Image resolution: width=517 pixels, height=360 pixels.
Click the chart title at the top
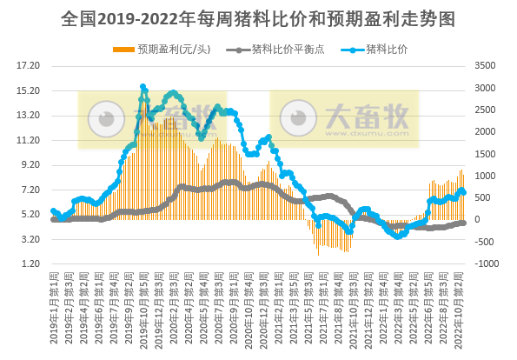click(258, 17)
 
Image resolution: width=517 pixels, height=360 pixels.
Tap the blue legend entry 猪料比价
click(387, 49)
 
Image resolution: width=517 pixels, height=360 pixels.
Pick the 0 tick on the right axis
click(483, 219)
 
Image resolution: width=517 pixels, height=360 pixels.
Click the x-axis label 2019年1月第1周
click(53, 309)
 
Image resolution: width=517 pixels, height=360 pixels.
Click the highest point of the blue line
click(143, 87)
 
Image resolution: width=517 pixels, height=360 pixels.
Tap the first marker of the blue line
click(53, 211)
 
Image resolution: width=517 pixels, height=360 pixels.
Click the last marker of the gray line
click(463, 223)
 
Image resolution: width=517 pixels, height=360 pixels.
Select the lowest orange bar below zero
click(318, 254)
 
